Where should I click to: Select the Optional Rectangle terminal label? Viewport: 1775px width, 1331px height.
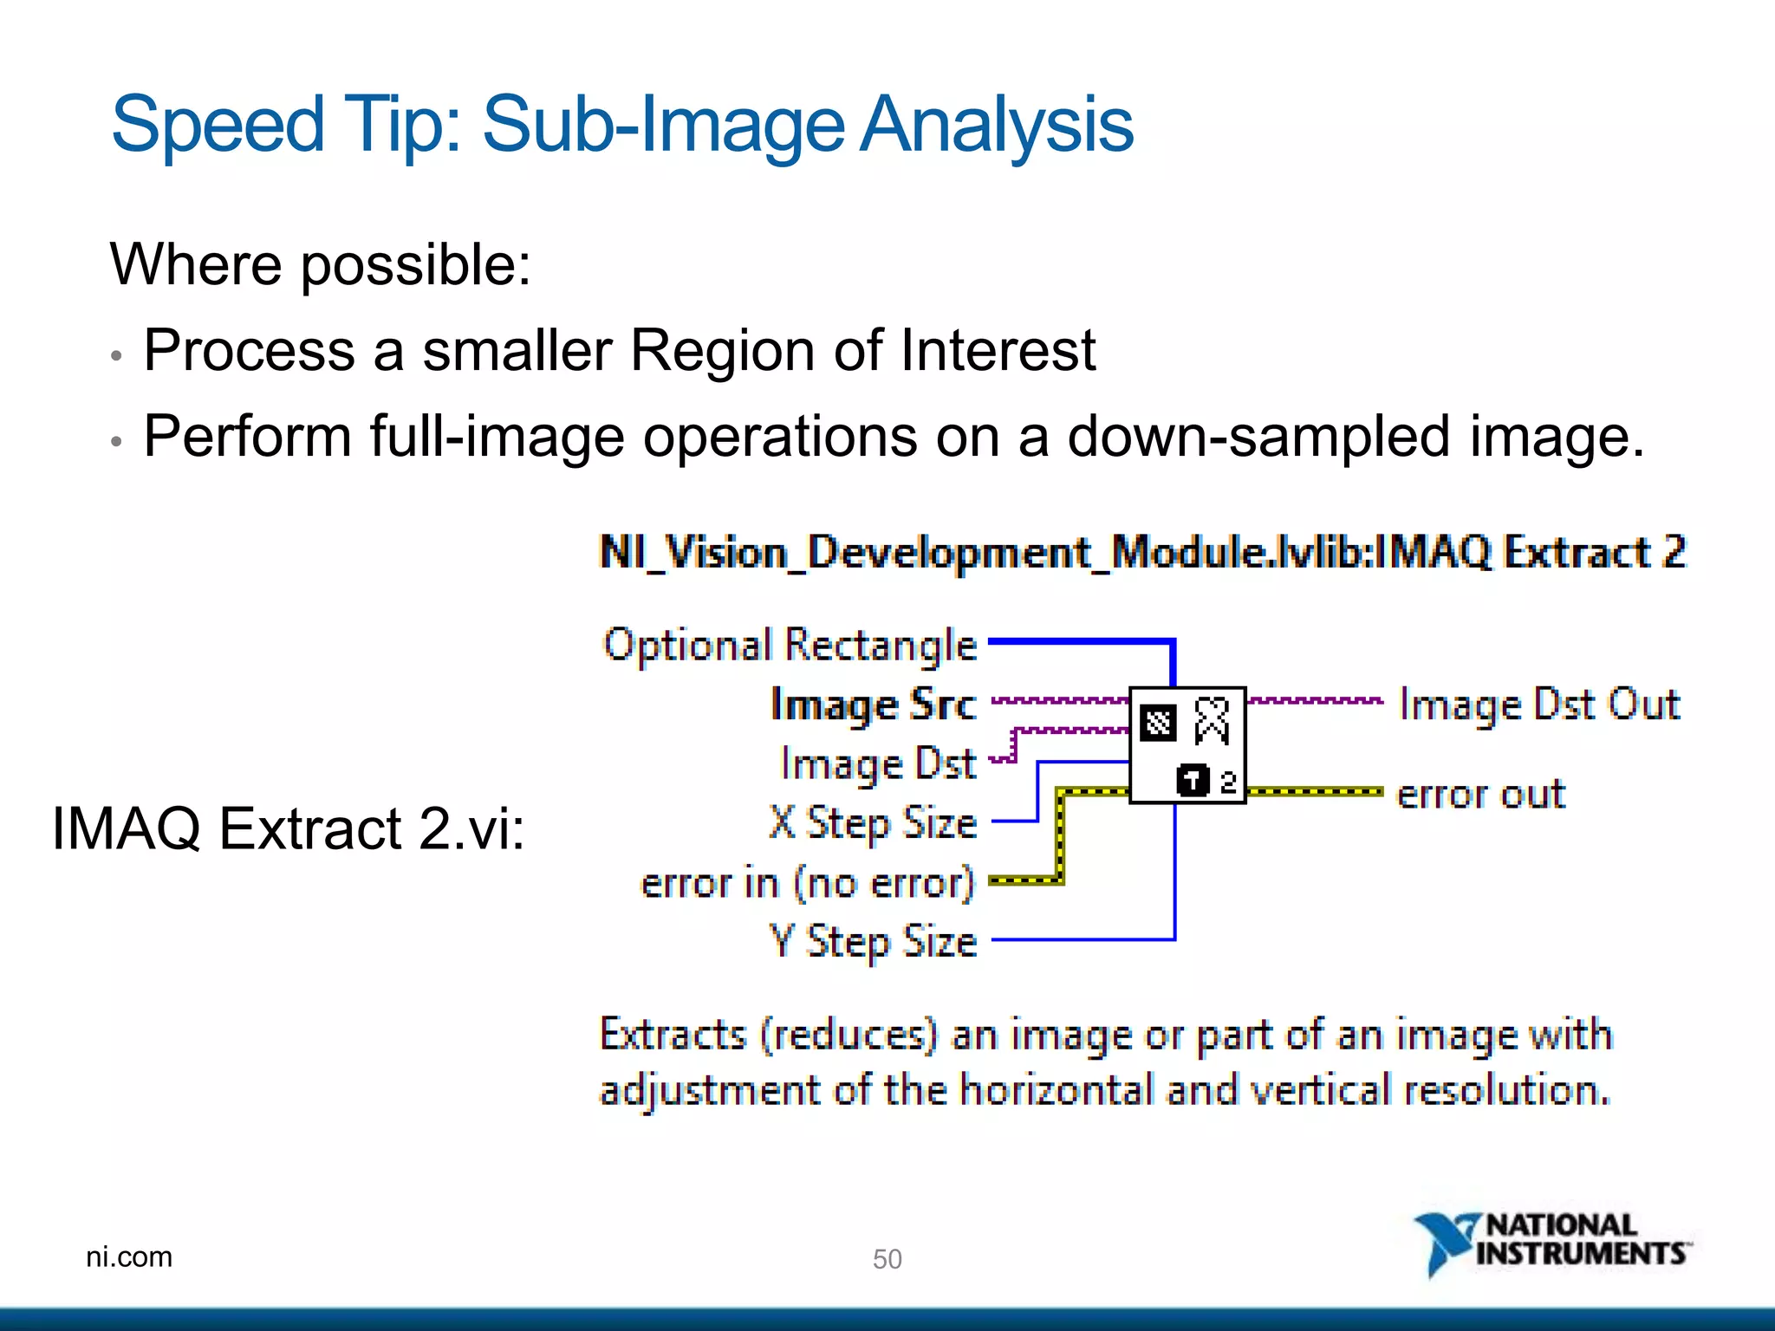tap(790, 646)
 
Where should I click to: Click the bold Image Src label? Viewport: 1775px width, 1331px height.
tap(873, 704)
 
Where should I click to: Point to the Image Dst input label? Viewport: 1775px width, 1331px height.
tap(878, 764)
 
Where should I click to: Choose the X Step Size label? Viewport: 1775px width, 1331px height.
tap(873, 823)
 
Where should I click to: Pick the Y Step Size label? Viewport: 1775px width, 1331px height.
tap(873, 942)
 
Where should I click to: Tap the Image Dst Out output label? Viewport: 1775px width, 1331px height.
tap(1539, 704)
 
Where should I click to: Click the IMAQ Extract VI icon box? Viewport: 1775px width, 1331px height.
tap(1187, 745)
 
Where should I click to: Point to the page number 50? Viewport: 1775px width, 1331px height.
tap(887, 1258)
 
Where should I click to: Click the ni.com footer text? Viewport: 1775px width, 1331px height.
tap(129, 1256)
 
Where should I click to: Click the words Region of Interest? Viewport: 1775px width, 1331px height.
tap(862, 351)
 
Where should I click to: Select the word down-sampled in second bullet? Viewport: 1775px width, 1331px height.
tap(1258, 436)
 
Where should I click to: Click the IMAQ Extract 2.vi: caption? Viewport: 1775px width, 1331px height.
tap(289, 828)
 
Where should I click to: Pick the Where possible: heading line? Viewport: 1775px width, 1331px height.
tap(320, 264)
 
